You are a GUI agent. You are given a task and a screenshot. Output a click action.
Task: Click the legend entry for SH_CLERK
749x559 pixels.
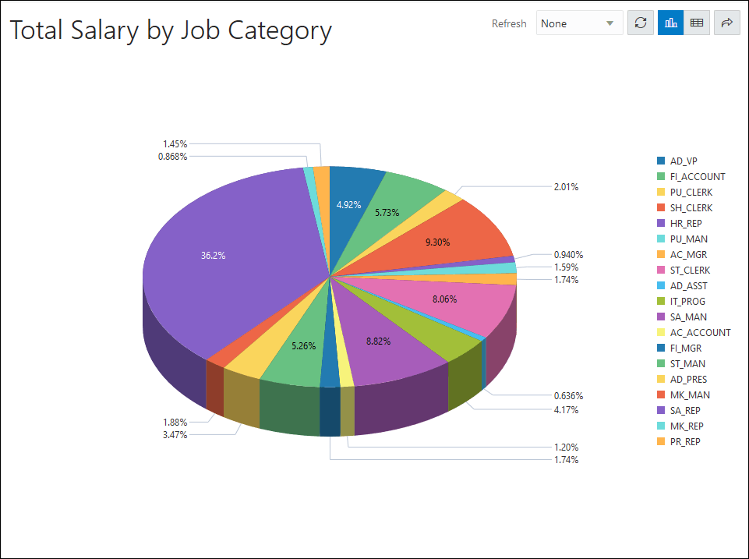pos(691,208)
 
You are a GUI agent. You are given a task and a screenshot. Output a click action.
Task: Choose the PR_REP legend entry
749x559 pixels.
pos(684,442)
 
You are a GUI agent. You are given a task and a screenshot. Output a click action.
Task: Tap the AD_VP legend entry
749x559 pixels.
pos(683,161)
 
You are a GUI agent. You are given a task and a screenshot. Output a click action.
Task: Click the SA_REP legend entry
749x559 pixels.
pos(684,411)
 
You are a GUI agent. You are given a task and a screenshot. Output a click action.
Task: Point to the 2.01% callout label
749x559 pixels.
pos(567,187)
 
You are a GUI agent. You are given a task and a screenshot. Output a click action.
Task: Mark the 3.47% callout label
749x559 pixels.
pos(175,435)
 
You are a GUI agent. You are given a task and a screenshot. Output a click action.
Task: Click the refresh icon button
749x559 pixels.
pos(641,23)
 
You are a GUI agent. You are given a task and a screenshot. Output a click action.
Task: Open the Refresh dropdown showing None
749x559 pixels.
pos(579,23)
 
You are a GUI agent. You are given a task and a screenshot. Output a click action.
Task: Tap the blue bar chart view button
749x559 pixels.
pos(670,23)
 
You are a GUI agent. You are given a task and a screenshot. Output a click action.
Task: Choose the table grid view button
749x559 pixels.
pos(697,23)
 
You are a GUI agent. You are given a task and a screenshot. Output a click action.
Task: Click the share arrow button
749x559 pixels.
pos(726,23)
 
